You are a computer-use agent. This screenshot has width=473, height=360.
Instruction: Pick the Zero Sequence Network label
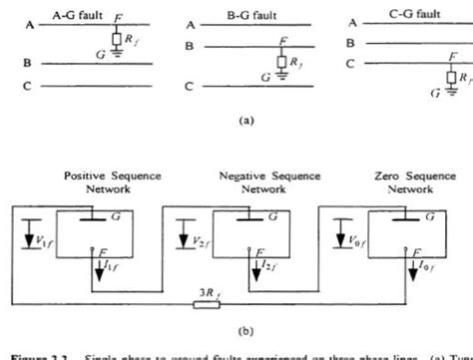[x=410, y=181]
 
